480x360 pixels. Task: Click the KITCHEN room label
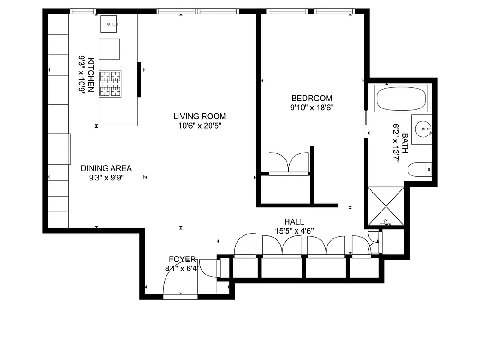pos(91,75)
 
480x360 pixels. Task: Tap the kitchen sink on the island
pos(109,24)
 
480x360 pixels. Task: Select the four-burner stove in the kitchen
pos(110,84)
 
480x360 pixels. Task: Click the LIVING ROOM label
pos(199,116)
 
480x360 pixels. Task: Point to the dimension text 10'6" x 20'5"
pos(199,126)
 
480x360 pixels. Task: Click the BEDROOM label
pos(312,98)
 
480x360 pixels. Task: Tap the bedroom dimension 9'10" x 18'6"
pos(312,107)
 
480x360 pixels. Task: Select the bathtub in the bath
pos(401,99)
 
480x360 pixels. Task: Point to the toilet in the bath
pos(418,170)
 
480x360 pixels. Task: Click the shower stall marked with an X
pos(386,206)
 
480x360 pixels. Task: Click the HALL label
pos(294,221)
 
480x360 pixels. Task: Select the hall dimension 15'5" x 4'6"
pos(294,231)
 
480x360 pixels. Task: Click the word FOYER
pos(182,259)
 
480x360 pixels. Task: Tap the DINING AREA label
pos(106,168)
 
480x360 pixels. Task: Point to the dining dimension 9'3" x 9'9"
pos(106,178)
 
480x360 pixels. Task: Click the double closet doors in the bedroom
pos(288,163)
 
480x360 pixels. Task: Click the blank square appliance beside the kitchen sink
pos(109,49)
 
